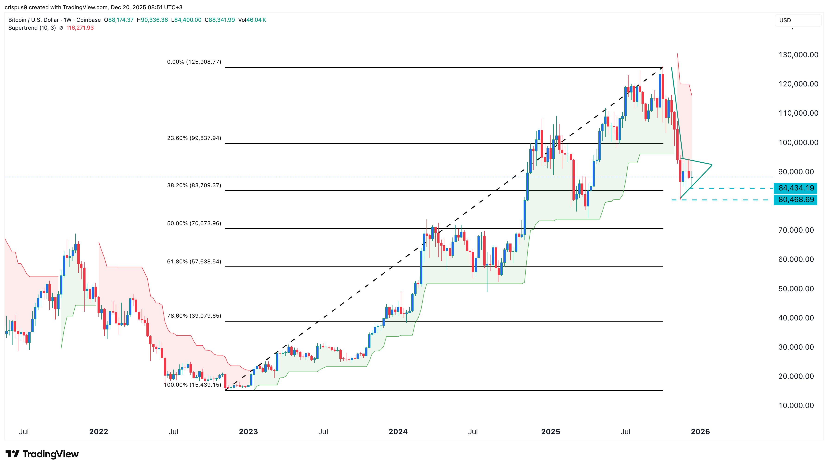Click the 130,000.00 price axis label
pos(798,55)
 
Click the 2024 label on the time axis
pos(398,432)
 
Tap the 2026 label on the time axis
pos(700,432)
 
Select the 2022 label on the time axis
pos(99,432)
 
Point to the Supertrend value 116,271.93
pos(80,28)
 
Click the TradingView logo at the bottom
pos(42,454)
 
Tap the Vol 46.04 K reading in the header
pos(252,20)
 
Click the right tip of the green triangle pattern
pos(712,165)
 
